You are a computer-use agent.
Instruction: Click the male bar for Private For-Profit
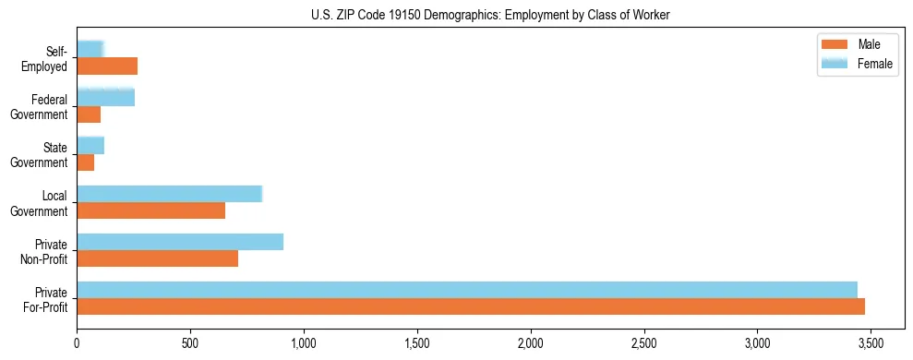[x=471, y=306]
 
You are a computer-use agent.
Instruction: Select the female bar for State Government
[x=90, y=146]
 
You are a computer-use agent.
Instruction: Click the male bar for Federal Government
[x=89, y=114]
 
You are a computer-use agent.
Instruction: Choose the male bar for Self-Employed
[x=107, y=66]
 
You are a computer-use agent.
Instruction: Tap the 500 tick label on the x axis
[x=190, y=343]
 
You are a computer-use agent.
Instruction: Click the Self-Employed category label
[x=50, y=58]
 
